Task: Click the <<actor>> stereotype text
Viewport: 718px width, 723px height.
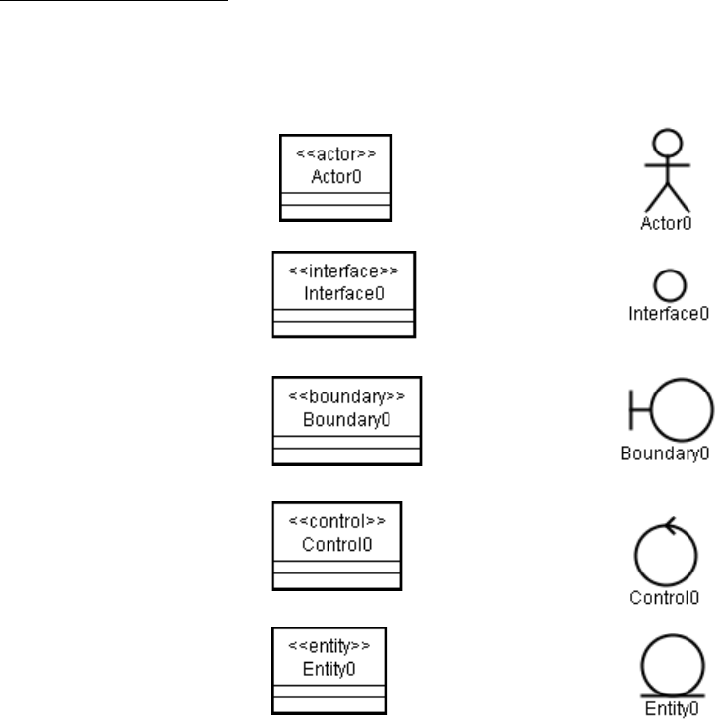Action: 336,155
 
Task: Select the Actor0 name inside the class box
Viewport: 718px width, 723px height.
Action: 336,177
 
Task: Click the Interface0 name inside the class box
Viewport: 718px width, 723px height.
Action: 344,293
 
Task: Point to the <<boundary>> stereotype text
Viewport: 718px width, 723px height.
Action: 346,396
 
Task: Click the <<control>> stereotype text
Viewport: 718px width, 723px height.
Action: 336,521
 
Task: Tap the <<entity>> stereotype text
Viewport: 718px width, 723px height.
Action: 329,646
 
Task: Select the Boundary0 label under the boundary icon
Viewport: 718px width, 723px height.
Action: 665,454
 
